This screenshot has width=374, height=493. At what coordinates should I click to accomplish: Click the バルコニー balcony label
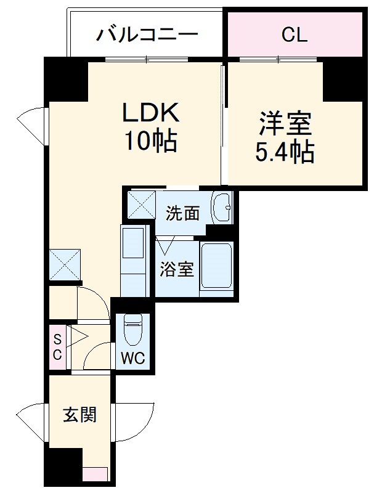[x=147, y=33]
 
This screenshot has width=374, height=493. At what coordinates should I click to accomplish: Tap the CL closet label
[x=294, y=35]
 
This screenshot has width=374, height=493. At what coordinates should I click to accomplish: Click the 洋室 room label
[x=285, y=123]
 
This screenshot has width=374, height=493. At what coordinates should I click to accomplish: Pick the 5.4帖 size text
[x=285, y=152]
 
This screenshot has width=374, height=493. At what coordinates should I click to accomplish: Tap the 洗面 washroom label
[x=183, y=214]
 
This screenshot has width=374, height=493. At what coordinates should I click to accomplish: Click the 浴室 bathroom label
[x=177, y=269]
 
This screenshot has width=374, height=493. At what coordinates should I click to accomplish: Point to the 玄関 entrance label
[x=80, y=415]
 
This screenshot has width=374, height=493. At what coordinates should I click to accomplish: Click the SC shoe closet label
[x=57, y=346]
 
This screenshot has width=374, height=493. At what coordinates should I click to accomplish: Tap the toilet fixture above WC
[x=132, y=329]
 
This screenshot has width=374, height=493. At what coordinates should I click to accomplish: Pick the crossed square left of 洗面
[x=141, y=205]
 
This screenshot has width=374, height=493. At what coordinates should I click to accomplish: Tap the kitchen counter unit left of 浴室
[x=132, y=261]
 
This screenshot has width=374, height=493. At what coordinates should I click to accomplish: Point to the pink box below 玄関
[x=96, y=475]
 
